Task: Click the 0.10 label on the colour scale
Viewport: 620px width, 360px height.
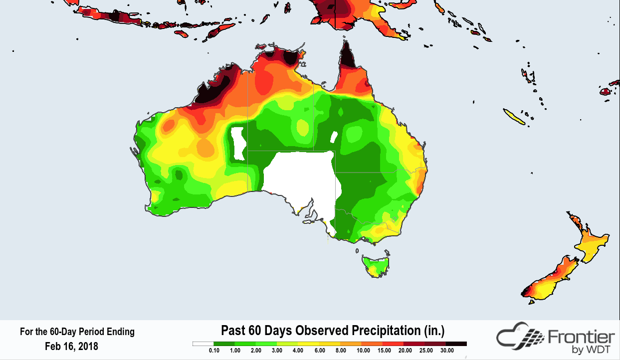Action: pyautogui.click(x=214, y=351)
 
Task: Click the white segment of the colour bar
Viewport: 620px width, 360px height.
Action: pyautogui.click(x=203, y=344)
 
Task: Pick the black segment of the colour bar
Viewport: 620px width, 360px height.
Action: pyautogui.click(x=456, y=344)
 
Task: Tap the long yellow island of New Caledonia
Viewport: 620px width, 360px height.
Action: pyautogui.click(x=514, y=118)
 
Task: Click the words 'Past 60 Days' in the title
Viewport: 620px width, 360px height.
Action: pyautogui.click(x=256, y=331)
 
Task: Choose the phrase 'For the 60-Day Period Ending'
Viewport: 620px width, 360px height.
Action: pyautogui.click(x=77, y=332)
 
